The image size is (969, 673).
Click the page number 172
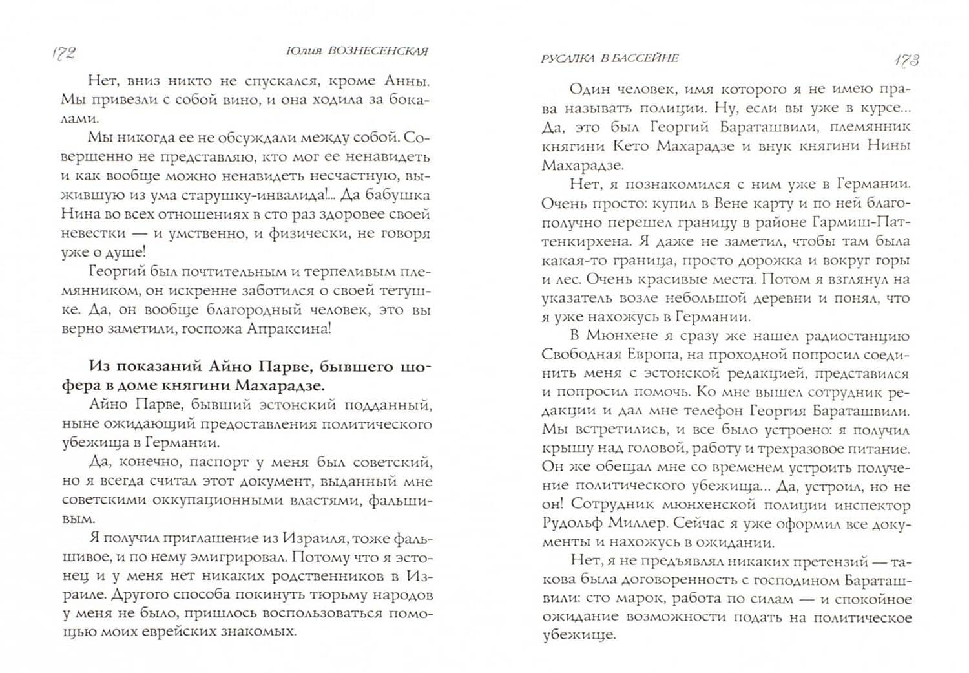[63, 53]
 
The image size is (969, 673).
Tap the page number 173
[906, 60]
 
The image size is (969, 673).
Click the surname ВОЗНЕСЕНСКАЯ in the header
[379, 51]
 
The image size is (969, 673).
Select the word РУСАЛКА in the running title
[565, 58]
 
